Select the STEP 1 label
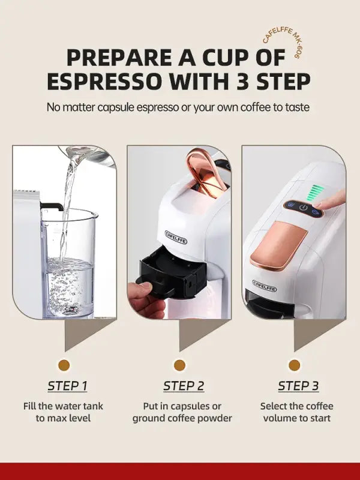click(68, 385)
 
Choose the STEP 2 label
click(184, 385)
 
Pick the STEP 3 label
click(298, 385)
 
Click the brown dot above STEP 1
click(64, 365)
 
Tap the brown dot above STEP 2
click(179, 365)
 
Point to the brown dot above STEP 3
click(294, 365)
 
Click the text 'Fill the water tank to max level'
click(63, 412)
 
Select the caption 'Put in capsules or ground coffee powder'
click(182, 412)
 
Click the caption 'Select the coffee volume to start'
click(296, 412)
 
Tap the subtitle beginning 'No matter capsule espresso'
click(179, 107)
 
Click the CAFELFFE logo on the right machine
click(265, 285)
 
